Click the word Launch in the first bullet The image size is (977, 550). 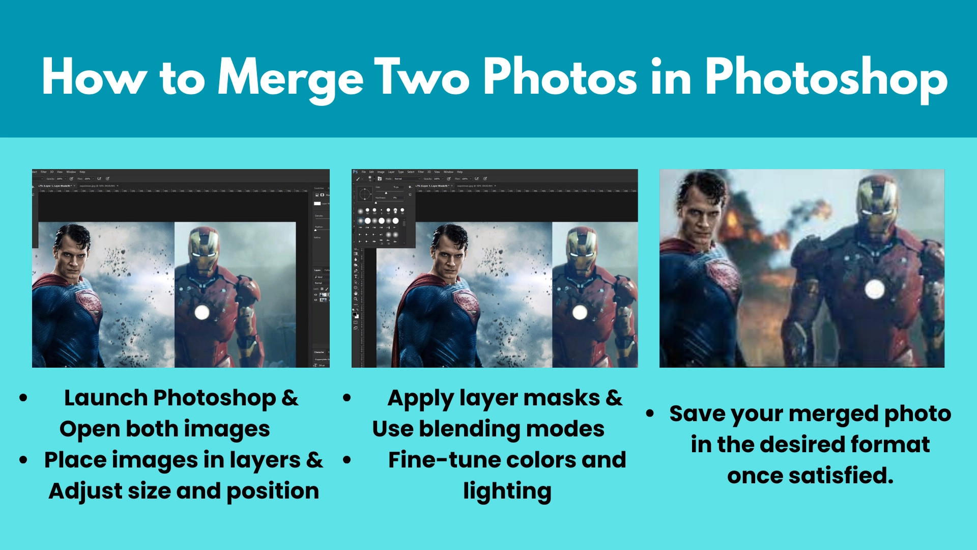(x=106, y=398)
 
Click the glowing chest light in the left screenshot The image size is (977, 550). (x=202, y=312)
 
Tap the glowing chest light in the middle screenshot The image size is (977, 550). (x=580, y=312)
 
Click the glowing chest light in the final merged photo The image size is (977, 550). (x=874, y=289)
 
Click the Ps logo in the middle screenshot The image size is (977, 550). (x=355, y=172)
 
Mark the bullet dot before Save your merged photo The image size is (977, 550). (x=650, y=414)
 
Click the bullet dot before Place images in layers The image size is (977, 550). (x=23, y=460)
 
